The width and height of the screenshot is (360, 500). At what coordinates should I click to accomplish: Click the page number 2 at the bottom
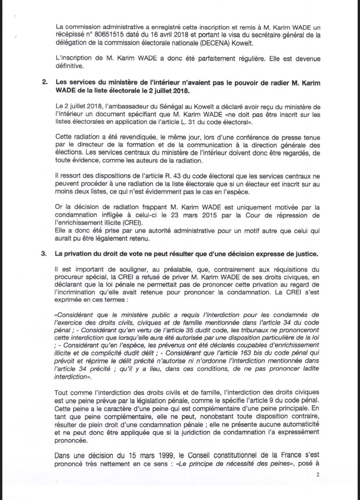tap(318, 475)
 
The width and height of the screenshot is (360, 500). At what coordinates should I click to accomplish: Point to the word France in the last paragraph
tap(292, 456)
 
